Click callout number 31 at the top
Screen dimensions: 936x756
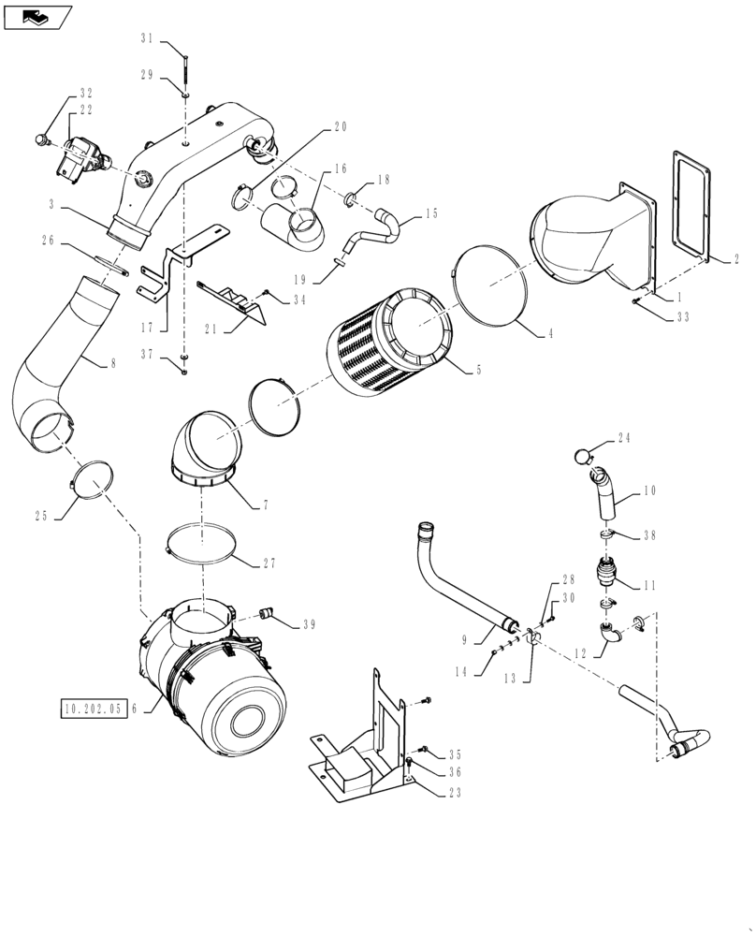147,38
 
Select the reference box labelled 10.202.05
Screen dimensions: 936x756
94,709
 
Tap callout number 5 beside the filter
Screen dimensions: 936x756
478,370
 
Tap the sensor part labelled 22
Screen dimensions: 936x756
82,159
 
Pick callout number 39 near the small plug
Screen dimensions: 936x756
309,624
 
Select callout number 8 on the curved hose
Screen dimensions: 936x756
113,361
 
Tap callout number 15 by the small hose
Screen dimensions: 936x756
431,213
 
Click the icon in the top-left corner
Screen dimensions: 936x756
37,15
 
